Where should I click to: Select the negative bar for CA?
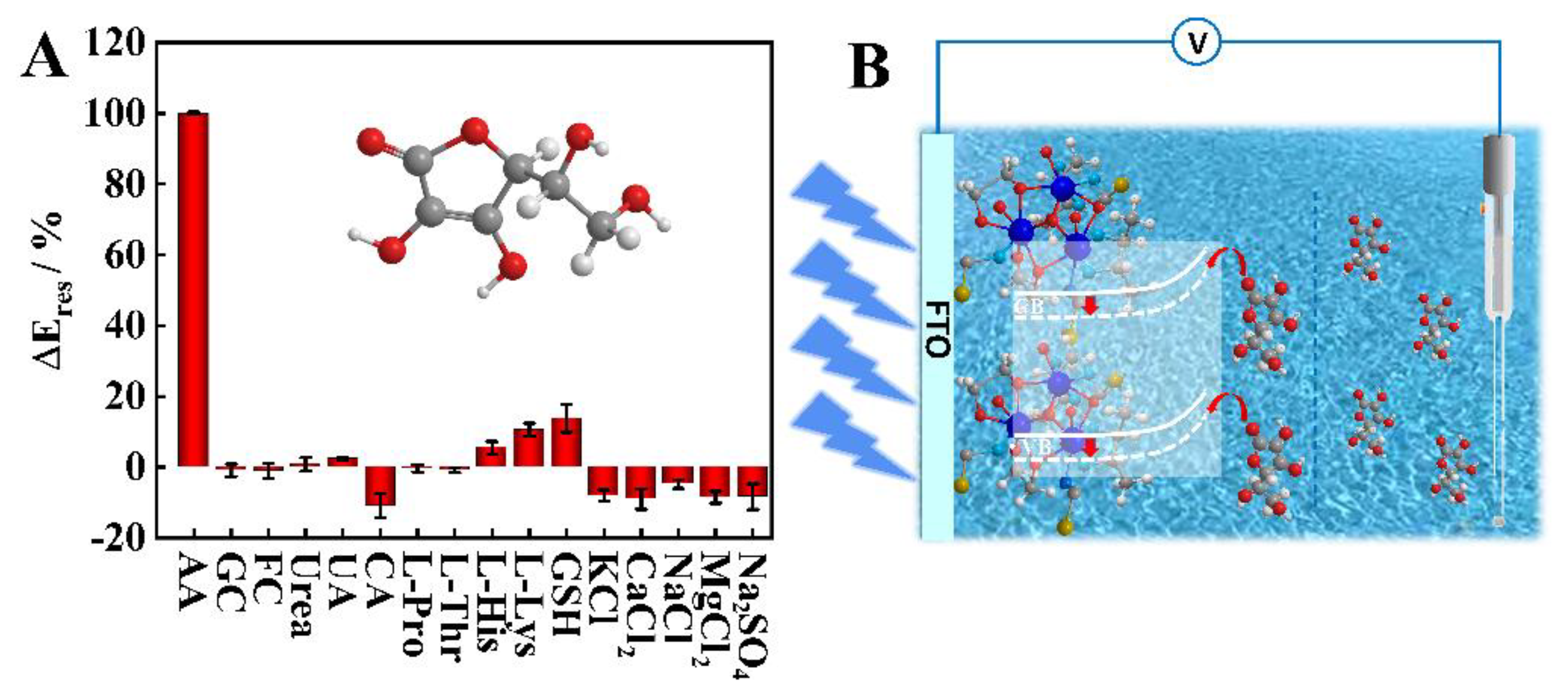380,485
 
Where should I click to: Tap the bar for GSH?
566,442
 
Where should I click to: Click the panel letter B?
870,67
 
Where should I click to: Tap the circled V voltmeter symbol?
1196,42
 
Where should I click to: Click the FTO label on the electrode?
937,331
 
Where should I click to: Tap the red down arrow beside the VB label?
1091,448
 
